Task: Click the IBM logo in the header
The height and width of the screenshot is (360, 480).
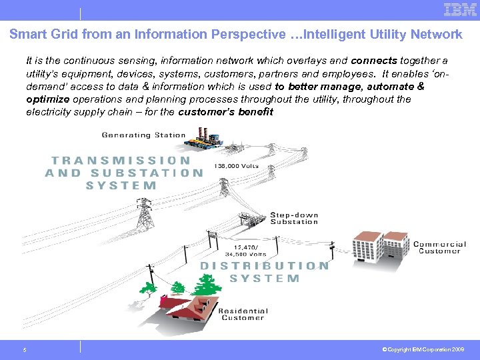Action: point(460,10)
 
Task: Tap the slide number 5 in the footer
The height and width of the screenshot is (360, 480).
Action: point(24,349)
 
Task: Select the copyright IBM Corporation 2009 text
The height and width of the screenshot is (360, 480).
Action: point(424,349)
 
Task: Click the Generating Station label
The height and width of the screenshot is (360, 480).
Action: point(143,135)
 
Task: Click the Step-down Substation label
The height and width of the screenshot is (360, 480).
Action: point(294,218)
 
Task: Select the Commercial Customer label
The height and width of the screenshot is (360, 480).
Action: point(439,247)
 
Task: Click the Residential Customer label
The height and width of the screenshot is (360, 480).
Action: point(243,314)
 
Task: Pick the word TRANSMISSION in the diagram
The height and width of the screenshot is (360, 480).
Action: point(121,161)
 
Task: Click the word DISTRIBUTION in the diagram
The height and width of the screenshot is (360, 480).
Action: point(265,265)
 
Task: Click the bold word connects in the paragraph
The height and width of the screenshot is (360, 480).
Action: point(374,61)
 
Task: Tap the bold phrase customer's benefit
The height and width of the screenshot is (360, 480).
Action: point(226,112)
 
